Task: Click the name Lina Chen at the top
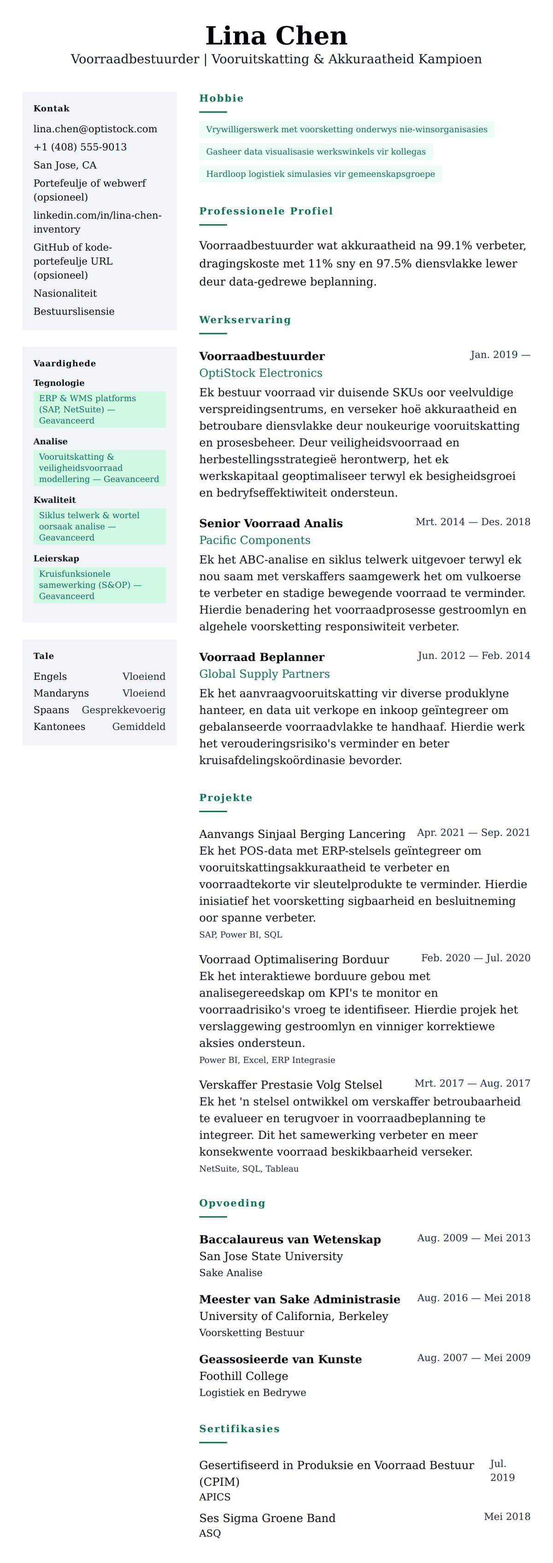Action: coord(276,36)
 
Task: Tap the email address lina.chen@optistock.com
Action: coord(95,129)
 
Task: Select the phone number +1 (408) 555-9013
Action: coord(80,147)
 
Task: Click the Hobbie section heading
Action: coord(221,98)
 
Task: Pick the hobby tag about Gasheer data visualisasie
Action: coord(315,152)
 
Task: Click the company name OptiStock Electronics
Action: coord(261,373)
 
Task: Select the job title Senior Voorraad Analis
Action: coord(271,524)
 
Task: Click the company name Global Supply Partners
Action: coord(265,674)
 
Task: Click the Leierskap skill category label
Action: coord(56,559)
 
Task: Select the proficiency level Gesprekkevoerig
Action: coord(124,710)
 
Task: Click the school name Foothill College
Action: coord(244,1377)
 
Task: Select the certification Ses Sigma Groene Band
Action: coord(267,1519)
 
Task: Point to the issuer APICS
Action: coord(215,1498)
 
